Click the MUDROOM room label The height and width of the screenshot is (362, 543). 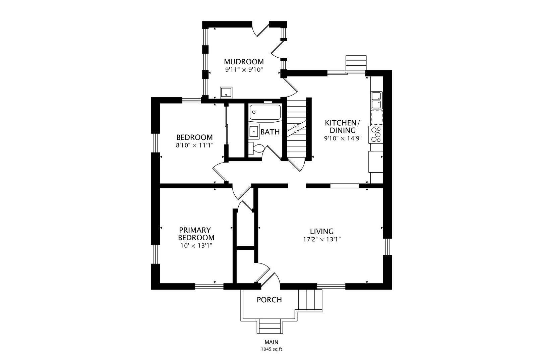coord(244,62)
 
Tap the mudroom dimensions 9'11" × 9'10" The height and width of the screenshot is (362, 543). coord(244,70)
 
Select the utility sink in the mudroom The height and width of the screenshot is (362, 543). coord(226,92)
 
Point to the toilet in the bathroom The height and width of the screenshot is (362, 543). coord(256,148)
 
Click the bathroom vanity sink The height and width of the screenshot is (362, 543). coord(254,131)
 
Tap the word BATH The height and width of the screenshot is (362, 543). coord(270,132)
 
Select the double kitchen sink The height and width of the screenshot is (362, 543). coord(376,100)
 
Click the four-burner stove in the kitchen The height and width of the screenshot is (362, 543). coord(376,134)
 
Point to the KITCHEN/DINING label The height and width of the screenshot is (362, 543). coord(343,126)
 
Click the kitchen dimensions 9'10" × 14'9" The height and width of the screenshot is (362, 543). coord(343,138)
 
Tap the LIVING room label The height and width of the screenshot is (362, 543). coord(322,231)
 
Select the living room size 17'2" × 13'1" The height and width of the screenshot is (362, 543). coord(322,239)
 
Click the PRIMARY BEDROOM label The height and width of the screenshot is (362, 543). coord(196,234)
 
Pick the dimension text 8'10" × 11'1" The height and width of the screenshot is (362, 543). coord(195,145)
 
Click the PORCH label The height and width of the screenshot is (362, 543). coord(269,300)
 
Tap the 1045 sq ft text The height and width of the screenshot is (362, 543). coord(271,349)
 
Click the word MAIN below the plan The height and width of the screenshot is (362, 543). coord(271,342)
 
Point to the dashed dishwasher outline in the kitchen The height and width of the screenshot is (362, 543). coord(376,118)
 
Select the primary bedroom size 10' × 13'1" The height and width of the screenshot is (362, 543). coord(196,246)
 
